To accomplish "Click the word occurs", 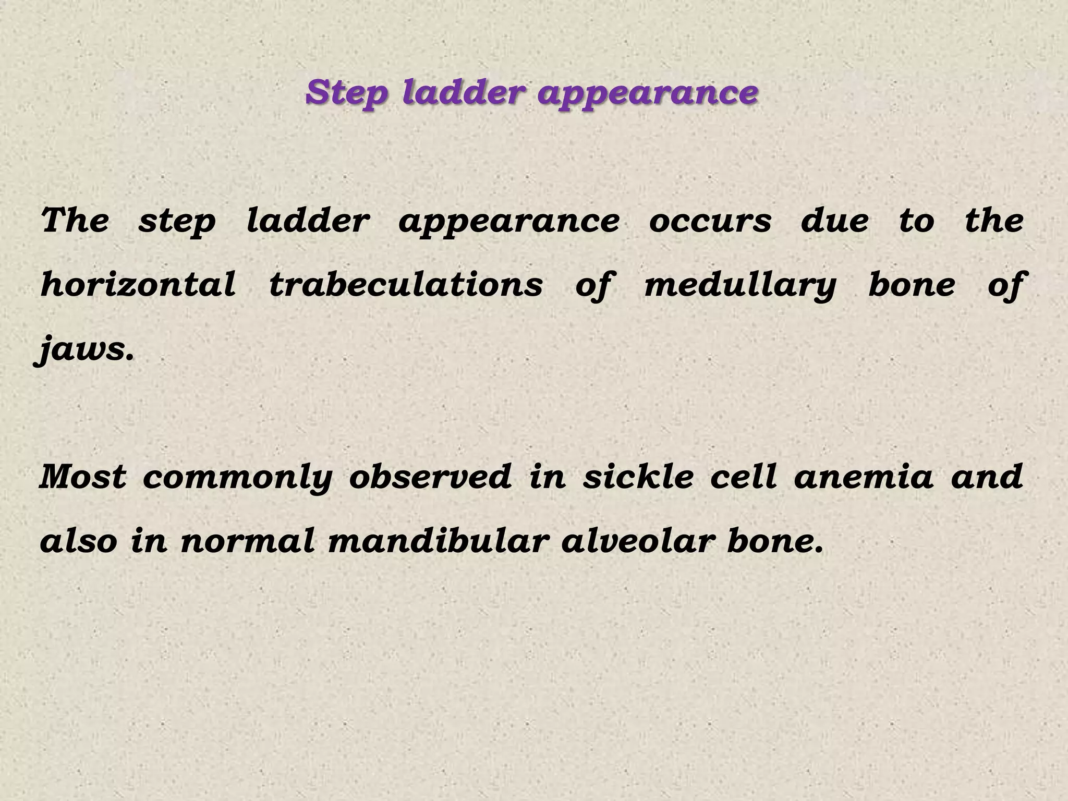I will tap(710, 221).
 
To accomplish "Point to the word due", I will tap(834, 220).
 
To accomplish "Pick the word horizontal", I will tap(138, 285).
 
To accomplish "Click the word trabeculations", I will tap(406, 285).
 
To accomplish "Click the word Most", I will tap(83, 477).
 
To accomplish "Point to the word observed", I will tap(430, 477).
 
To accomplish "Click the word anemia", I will tap(863, 477).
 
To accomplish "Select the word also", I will tap(79, 541).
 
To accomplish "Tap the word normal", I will tap(248, 541).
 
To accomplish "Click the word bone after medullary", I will tap(912, 285).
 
